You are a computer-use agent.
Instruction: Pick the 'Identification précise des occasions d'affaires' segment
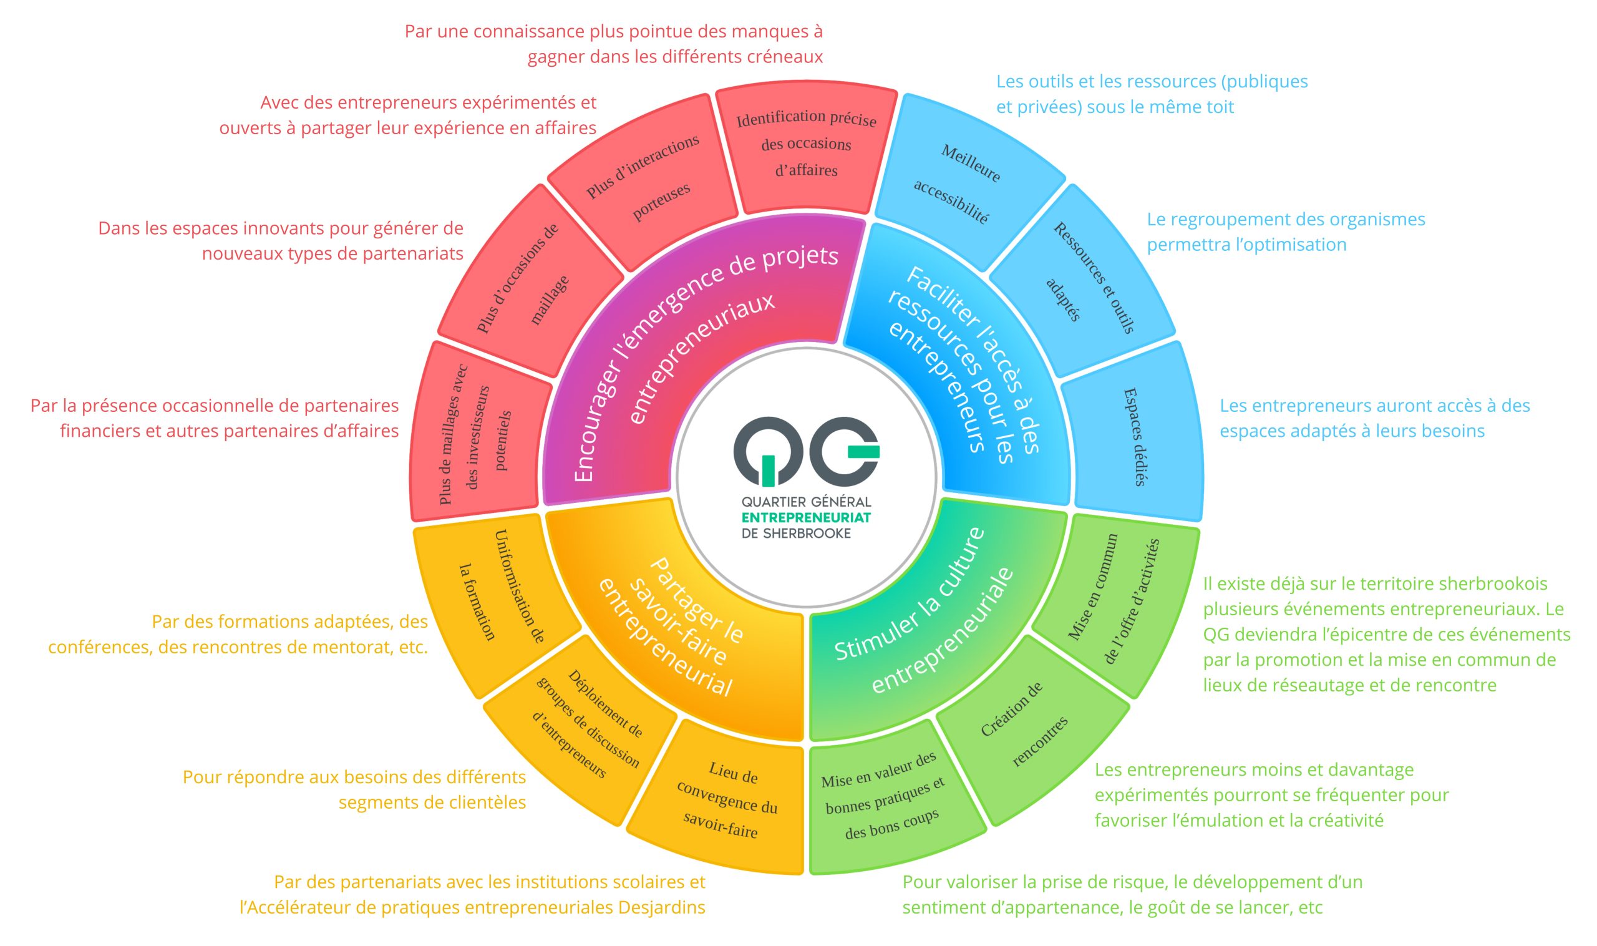(806, 145)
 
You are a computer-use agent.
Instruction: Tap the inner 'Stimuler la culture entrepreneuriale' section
(924, 612)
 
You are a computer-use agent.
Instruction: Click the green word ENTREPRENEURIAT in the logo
(806, 518)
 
